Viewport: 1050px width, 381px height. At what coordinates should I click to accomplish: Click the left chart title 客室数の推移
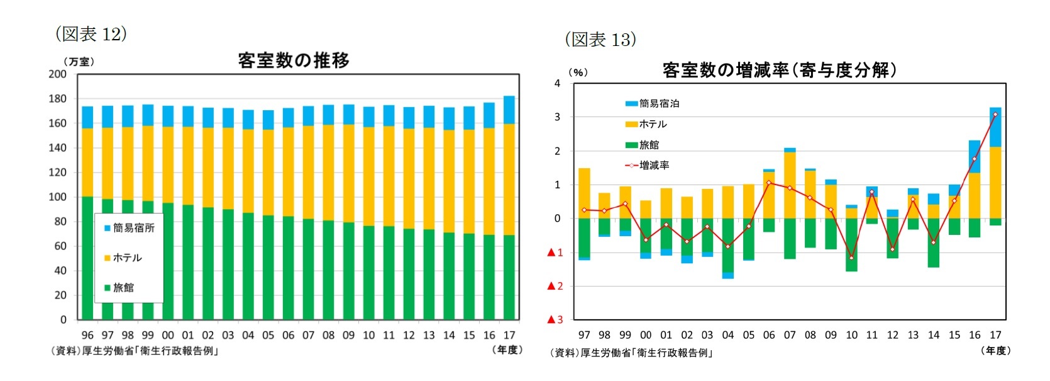(294, 60)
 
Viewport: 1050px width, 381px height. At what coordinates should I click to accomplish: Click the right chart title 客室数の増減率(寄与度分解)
(779, 70)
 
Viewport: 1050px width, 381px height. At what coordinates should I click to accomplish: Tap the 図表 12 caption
(91, 34)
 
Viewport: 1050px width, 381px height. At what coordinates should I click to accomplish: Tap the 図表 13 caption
(600, 40)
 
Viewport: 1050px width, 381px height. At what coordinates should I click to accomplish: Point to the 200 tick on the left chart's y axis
(58, 74)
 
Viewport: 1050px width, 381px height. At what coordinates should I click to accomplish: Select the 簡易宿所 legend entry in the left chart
(130, 228)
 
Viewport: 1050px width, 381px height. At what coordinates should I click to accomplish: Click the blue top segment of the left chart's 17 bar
(509, 110)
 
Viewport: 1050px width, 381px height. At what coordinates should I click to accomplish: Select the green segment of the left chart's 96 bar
(87, 258)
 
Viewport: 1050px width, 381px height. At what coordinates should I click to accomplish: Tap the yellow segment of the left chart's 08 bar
(328, 173)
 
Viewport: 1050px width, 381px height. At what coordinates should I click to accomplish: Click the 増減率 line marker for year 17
(995, 115)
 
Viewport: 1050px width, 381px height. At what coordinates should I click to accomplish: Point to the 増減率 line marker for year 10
(851, 258)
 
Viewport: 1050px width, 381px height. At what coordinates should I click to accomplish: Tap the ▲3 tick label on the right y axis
(555, 320)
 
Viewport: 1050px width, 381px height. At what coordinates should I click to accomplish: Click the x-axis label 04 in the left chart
(248, 335)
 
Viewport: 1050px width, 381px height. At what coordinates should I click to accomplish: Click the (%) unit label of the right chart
(578, 72)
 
